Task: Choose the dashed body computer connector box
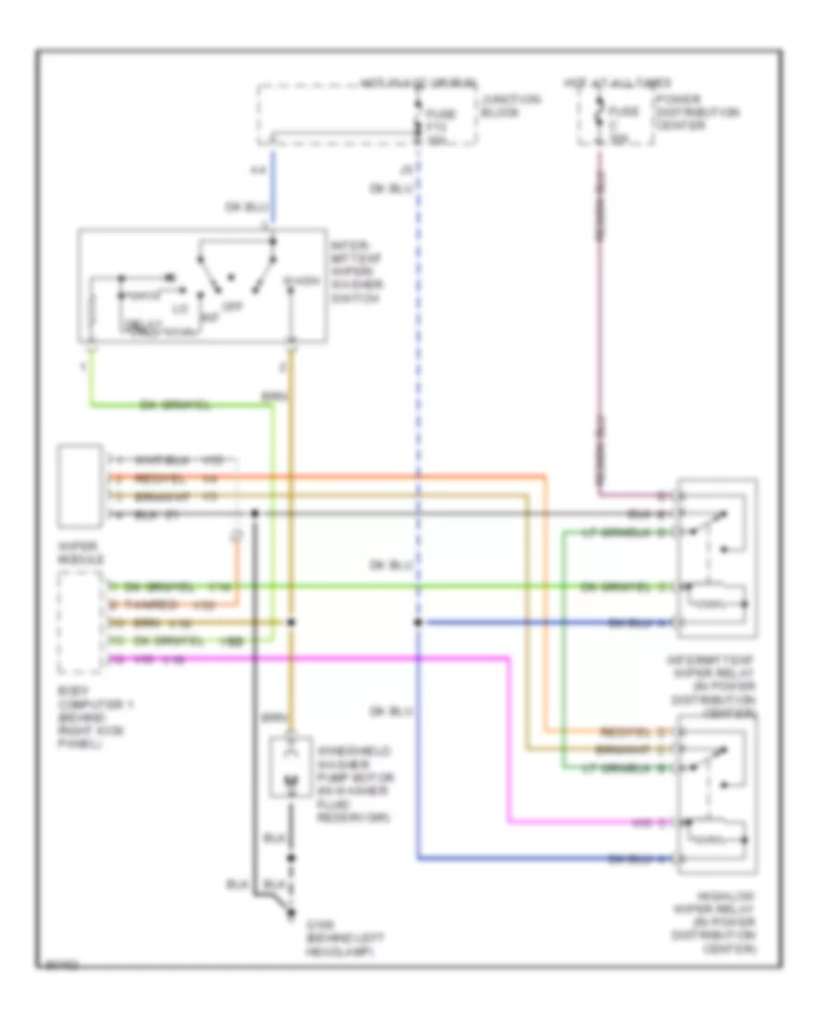pyautogui.click(x=81, y=623)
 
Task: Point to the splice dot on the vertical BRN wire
pyautogui.click(x=292, y=623)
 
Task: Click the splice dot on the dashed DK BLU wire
pyautogui.click(x=418, y=623)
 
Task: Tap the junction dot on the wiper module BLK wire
pyautogui.click(x=254, y=513)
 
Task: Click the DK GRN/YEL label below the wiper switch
pyautogui.click(x=174, y=404)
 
